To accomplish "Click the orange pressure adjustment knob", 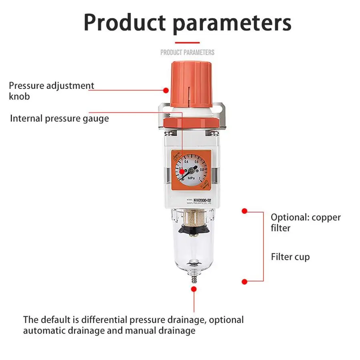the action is tap(187, 84).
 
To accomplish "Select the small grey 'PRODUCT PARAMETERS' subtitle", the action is tap(187, 52).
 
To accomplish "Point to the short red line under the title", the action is tap(187, 42).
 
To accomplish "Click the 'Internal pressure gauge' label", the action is tap(59, 118).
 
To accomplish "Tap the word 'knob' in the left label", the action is tap(19, 96).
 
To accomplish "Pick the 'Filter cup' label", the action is tap(290, 257).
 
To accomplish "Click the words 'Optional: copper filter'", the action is tap(306, 223).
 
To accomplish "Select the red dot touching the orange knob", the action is tap(166, 90).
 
